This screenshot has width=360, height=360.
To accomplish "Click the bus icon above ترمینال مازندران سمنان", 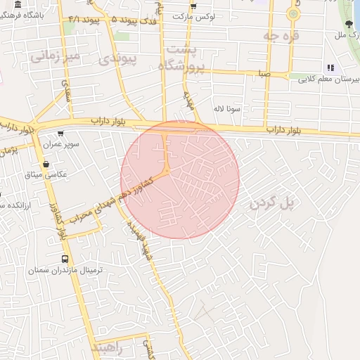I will (x=65, y=258).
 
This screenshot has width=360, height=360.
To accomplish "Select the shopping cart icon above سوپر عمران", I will (x=60, y=134).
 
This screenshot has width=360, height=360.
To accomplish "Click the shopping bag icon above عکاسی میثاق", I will (x=46, y=164).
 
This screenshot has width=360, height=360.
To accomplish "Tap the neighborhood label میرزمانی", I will (x=56, y=55).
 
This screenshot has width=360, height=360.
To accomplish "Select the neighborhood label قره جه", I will (x=281, y=34).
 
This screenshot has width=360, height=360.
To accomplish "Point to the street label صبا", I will (x=264, y=72).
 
